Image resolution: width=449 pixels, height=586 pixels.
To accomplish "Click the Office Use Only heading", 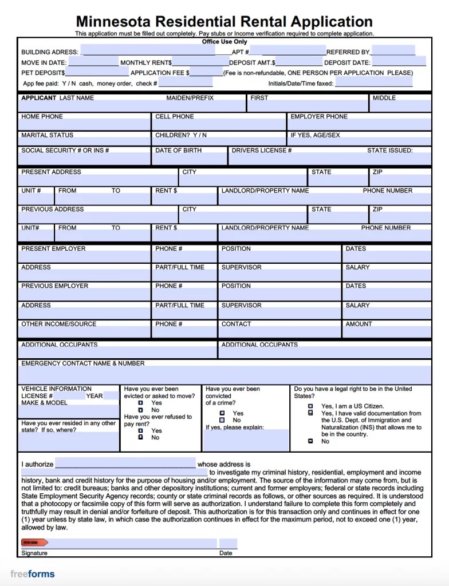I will pos(224,42).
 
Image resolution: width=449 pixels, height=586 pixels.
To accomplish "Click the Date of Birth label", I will pos(178,151).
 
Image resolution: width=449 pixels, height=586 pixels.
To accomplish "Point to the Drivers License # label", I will pos(262,151).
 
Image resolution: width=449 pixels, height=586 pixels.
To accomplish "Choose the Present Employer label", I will pos(53,249).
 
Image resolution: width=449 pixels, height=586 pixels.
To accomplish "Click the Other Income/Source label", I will pos(58,324).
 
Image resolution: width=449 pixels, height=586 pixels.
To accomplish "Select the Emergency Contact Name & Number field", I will pos(224,375).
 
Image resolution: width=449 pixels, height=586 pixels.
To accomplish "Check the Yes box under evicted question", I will pos(140,403).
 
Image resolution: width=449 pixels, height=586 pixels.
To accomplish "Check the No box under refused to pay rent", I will pos(140,437).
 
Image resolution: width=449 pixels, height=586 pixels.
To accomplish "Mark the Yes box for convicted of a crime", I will pos(222,413).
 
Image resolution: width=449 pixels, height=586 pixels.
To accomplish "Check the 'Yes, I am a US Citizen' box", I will pos(310,406).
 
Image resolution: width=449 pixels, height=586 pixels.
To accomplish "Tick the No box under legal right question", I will pos(310,441).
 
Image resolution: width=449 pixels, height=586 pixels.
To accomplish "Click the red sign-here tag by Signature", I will pos(30,542).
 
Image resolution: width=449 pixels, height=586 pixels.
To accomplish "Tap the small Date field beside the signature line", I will pos(228,543).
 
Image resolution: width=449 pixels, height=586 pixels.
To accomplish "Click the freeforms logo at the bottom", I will pos(33,573).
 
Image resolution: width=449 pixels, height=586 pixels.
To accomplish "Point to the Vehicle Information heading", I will pos(56,389).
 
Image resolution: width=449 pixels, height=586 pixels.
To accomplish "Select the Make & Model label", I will pos(44,403).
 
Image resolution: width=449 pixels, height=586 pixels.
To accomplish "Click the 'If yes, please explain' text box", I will pos(246,440).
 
